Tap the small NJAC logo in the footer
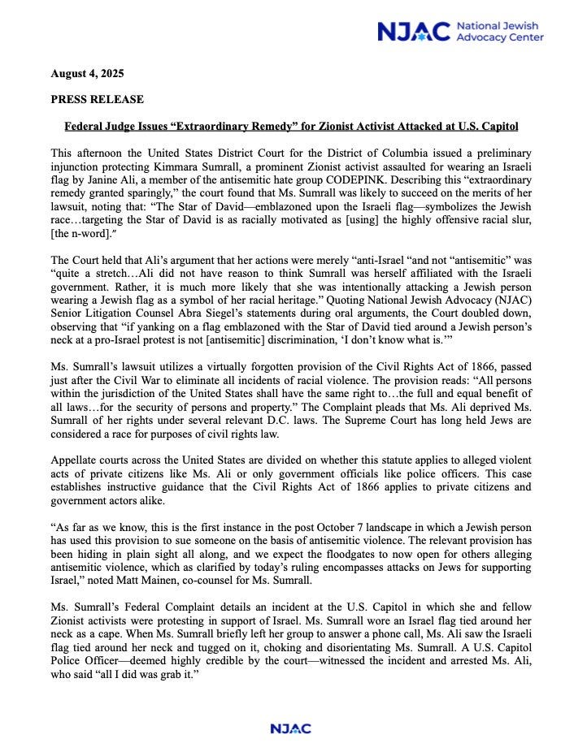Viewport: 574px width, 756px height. click(x=290, y=728)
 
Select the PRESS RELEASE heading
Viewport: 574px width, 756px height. click(x=97, y=100)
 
